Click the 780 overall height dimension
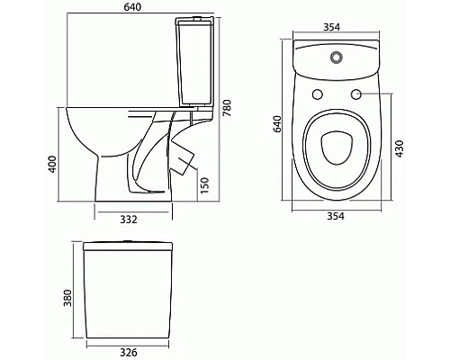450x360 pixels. pyautogui.click(x=229, y=109)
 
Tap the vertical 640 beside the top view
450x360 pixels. pyautogui.click(x=279, y=122)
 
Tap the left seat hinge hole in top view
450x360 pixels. pyautogui.click(x=317, y=95)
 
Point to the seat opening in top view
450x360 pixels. pyautogui.click(x=335, y=148)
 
